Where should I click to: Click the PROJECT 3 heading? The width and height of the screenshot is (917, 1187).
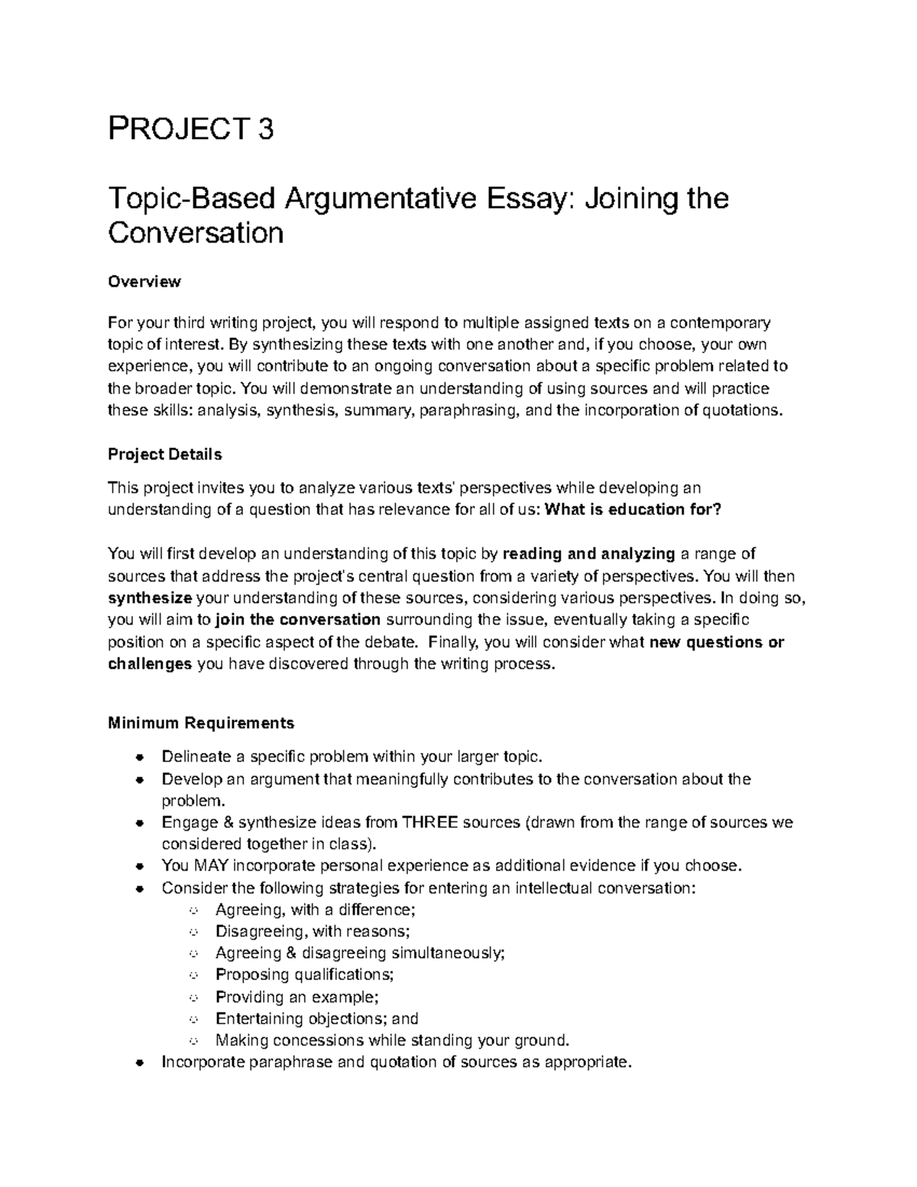tap(190, 131)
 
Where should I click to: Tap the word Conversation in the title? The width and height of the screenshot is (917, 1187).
tap(196, 232)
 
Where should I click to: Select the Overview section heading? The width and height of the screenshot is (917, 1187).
tap(144, 282)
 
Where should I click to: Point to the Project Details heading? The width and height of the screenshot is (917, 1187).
tap(164, 455)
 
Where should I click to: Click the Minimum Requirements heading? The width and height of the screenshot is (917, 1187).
tap(201, 723)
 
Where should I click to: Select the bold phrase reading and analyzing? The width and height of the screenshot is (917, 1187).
tap(589, 554)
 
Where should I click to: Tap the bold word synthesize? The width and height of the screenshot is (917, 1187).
tap(150, 598)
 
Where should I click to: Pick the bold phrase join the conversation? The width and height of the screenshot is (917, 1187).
tap(298, 619)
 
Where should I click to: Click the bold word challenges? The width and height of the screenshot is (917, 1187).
tap(150, 663)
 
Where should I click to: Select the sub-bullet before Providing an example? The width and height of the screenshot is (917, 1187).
tap(193, 997)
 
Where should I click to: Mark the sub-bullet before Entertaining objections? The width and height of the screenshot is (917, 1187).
tap(193, 1019)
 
